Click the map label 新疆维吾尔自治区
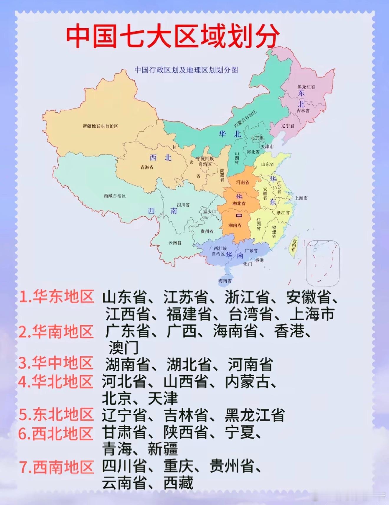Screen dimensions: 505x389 tap(100, 126)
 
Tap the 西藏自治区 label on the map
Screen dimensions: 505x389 tap(115, 196)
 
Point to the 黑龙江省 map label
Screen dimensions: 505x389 tap(306, 87)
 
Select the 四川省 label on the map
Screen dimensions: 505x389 tap(183, 205)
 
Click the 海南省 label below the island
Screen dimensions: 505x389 tap(225, 281)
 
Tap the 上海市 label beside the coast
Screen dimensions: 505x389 tap(301, 198)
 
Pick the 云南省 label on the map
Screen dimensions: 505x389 tap(175, 243)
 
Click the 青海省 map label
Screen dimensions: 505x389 tap(147, 167)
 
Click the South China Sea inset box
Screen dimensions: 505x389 tap(323, 263)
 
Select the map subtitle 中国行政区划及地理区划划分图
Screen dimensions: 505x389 tap(186, 70)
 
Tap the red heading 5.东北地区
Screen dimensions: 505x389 tap(56, 414)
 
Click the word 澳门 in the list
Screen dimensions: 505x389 tap(123, 348)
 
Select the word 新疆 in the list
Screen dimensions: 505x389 tap(163, 449)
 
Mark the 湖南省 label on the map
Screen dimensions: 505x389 tap(235, 226)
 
